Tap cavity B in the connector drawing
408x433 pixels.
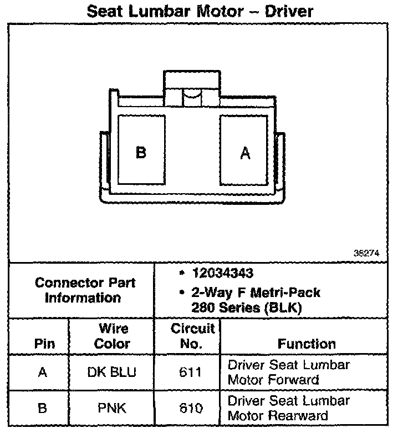click(x=141, y=152)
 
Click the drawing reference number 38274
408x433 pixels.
click(x=366, y=253)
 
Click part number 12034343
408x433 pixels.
click(x=222, y=273)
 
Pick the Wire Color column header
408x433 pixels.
click(x=111, y=336)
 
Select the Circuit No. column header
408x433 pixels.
click(x=191, y=336)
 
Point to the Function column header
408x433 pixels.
click(x=306, y=344)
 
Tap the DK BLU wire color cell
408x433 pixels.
click(x=111, y=372)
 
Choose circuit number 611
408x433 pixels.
click(x=191, y=372)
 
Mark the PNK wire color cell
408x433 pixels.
click(x=111, y=408)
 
